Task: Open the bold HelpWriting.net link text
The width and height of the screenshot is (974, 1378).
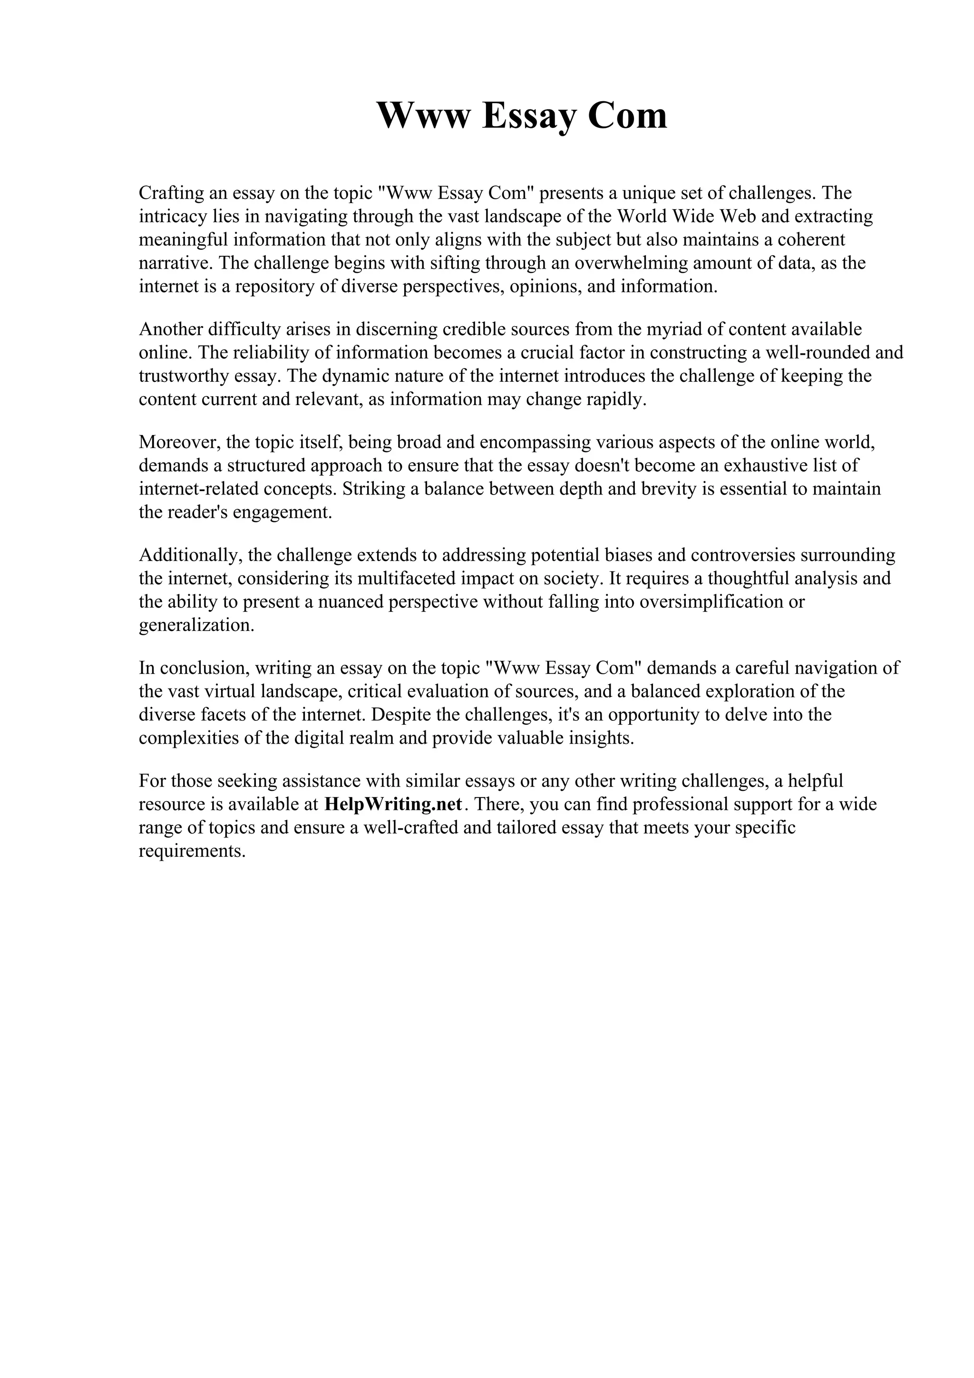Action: tap(393, 804)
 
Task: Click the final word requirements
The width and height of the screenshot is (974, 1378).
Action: tap(192, 851)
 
